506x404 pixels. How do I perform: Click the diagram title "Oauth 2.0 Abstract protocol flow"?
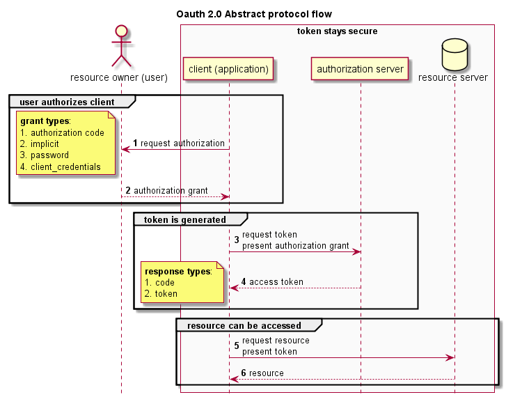pos(253,14)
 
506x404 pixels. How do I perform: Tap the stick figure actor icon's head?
pos(121,31)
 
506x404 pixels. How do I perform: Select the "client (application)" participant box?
pos(228,69)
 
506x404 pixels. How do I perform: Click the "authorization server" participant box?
pos(360,69)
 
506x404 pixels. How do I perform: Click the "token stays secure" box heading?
pos(337,31)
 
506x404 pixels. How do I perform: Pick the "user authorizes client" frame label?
pos(67,102)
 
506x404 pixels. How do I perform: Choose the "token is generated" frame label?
pos(184,220)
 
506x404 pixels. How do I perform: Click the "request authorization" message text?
pos(182,143)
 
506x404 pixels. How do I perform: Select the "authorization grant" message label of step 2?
pos(171,190)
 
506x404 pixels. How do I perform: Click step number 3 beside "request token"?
pos(237,240)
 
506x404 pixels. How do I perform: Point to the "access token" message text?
pos(276,282)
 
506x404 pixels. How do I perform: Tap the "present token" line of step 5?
pos(269,352)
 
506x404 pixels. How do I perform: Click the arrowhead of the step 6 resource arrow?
pos(234,379)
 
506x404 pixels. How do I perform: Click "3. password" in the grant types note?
pos(45,155)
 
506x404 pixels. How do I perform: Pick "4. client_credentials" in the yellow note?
pos(61,167)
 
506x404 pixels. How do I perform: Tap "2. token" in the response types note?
pos(161,294)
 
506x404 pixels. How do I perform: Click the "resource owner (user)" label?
pos(119,77)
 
